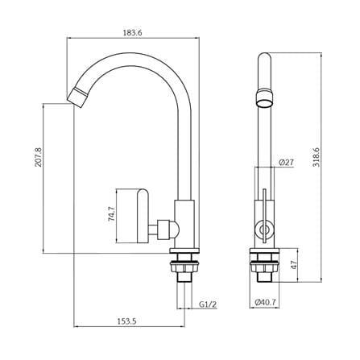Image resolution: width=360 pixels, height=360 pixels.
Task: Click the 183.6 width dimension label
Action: pyautogui.click(x=132, y=33)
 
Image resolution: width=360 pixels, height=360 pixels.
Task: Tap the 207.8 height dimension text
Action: pyautogui.click(x=39, y=157)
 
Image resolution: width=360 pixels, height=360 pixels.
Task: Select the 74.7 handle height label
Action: pyautogui.click(x=111, y=213)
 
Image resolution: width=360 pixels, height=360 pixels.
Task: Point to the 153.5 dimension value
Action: pyautogui.click(x=127, y=321)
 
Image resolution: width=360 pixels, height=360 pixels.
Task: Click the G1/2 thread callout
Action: pyautogui.click(x=208, y=304)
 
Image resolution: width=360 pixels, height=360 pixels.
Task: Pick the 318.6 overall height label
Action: pyautogui.click(x=316, y=157)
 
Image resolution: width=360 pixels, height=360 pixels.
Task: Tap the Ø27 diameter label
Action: pyautogui.click(x=286, y=163)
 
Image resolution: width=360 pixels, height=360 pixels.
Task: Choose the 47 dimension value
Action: pyautogui.click(x=294, y=265)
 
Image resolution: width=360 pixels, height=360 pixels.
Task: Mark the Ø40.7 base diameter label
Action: pyautogui.click(x=265, y=302)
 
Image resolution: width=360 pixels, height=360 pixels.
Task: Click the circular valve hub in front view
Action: pyautogui.click(x=264, y=230)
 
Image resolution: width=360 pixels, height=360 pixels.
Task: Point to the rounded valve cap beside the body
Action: pyautogui.click(x=175, y=230)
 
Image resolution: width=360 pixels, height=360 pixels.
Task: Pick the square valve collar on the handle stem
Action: pyautogui.click(x=163, y=230)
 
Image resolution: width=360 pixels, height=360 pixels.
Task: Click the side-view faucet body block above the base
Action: pyautogui.click(x=264, y=224)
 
